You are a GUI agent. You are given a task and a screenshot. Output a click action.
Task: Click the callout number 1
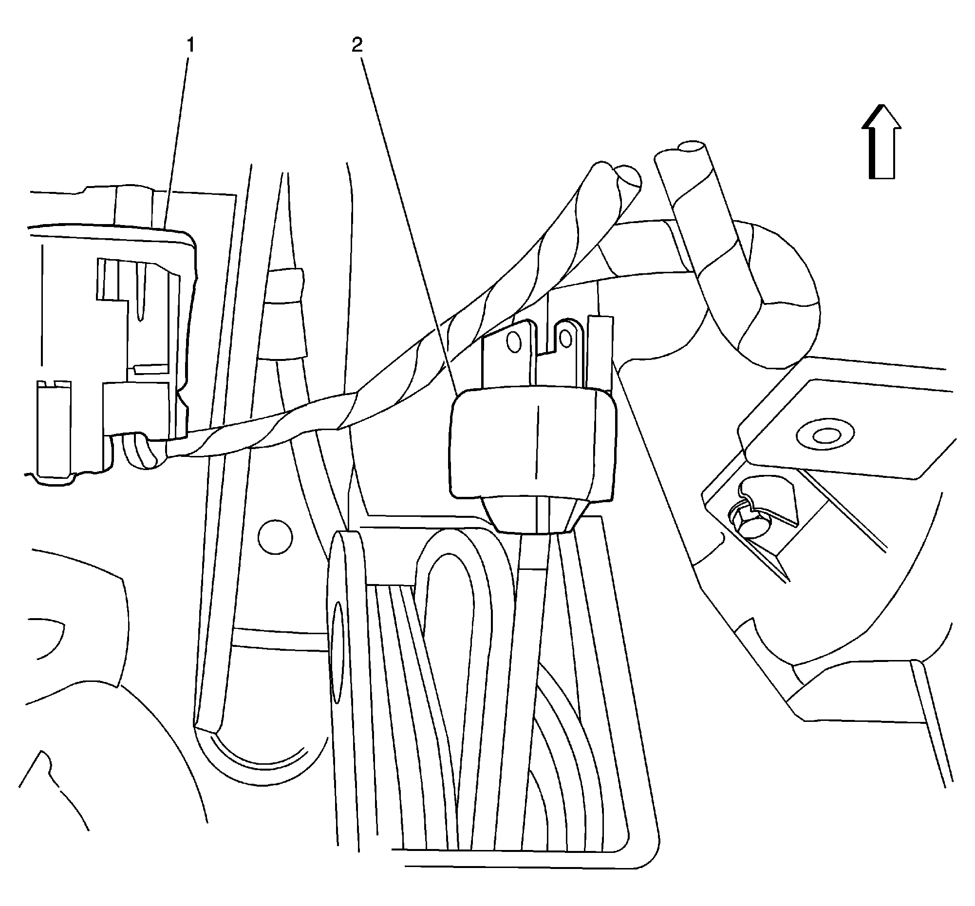(190, 46)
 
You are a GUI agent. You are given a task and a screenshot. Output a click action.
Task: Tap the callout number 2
(357, 45)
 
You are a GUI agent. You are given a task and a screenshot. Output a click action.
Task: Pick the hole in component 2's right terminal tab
(566, 337)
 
